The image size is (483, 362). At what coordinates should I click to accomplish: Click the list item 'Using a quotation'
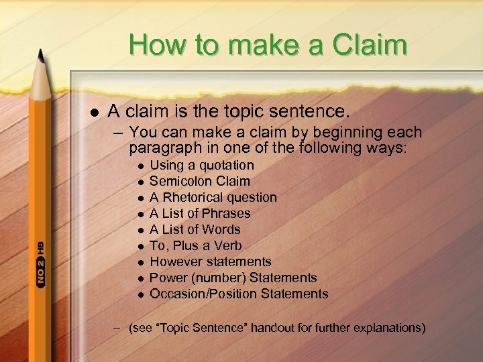[x=201, y=165]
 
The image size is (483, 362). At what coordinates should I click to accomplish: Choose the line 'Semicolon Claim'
[x=199, y=181]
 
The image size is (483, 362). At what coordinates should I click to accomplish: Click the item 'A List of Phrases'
[x=200, y=213]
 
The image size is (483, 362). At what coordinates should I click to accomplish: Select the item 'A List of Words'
[x=195, y=229]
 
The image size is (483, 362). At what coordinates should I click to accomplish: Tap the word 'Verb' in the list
[x=228, y=245]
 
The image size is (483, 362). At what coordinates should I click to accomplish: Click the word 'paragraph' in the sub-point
[x=160, y=146]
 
